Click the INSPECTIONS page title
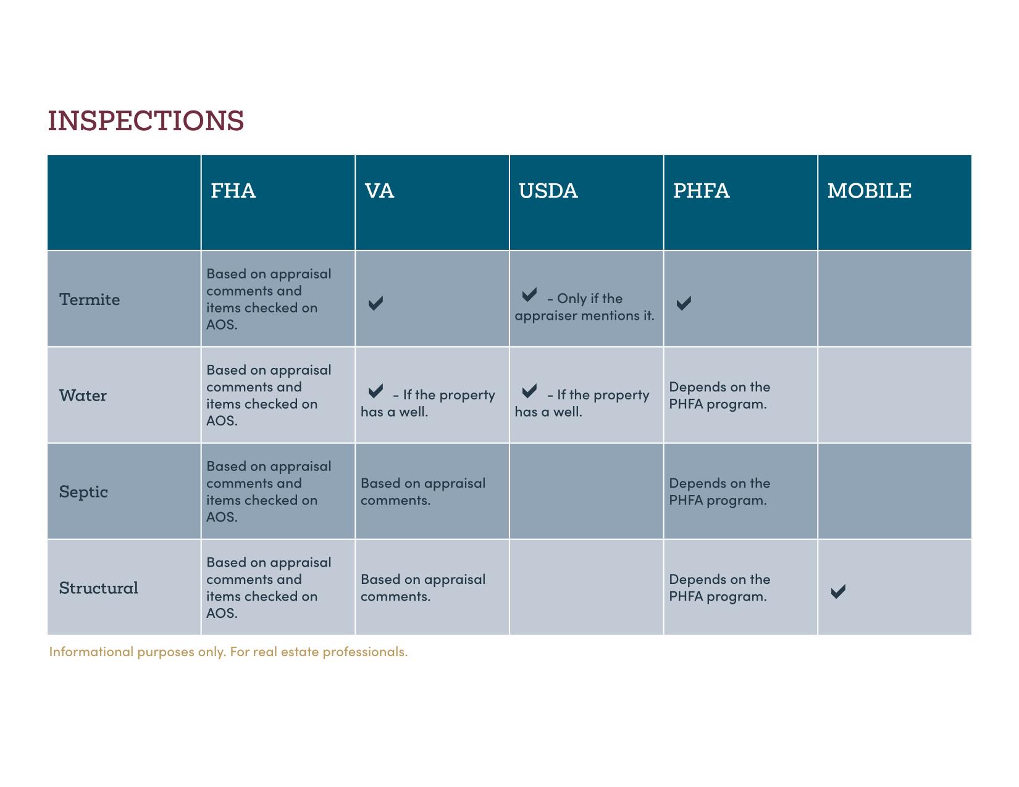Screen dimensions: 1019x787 (x=146, y=120)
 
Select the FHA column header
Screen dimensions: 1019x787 (x=233, y=191)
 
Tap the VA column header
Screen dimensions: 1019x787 (x=379, y=191)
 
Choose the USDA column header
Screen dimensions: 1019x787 (x=548, y=191)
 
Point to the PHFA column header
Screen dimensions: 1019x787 (x=702, y=191)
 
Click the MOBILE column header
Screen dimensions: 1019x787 (x=870, y=191)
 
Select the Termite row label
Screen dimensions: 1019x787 (x=90, y=299)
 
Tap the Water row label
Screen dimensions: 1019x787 (x=83, y=396)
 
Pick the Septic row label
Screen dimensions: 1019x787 (x=83, y=492)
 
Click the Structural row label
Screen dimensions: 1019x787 (x=98, y=588)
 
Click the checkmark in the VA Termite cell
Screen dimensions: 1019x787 (x=375, y=303)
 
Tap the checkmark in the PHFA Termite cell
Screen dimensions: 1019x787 (x=684, y=303)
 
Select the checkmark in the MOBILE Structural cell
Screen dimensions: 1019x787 (x=838, y=591)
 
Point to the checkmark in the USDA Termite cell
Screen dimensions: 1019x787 (x=529, y=295)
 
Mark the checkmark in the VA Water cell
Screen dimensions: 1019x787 (x=375, y=391)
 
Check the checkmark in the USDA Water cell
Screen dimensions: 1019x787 (x=529, y=391)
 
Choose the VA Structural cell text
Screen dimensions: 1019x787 (x=423, y=588)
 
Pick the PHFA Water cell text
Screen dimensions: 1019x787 (x=720, y=396)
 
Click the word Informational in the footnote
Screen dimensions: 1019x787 (x=91, y=652)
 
